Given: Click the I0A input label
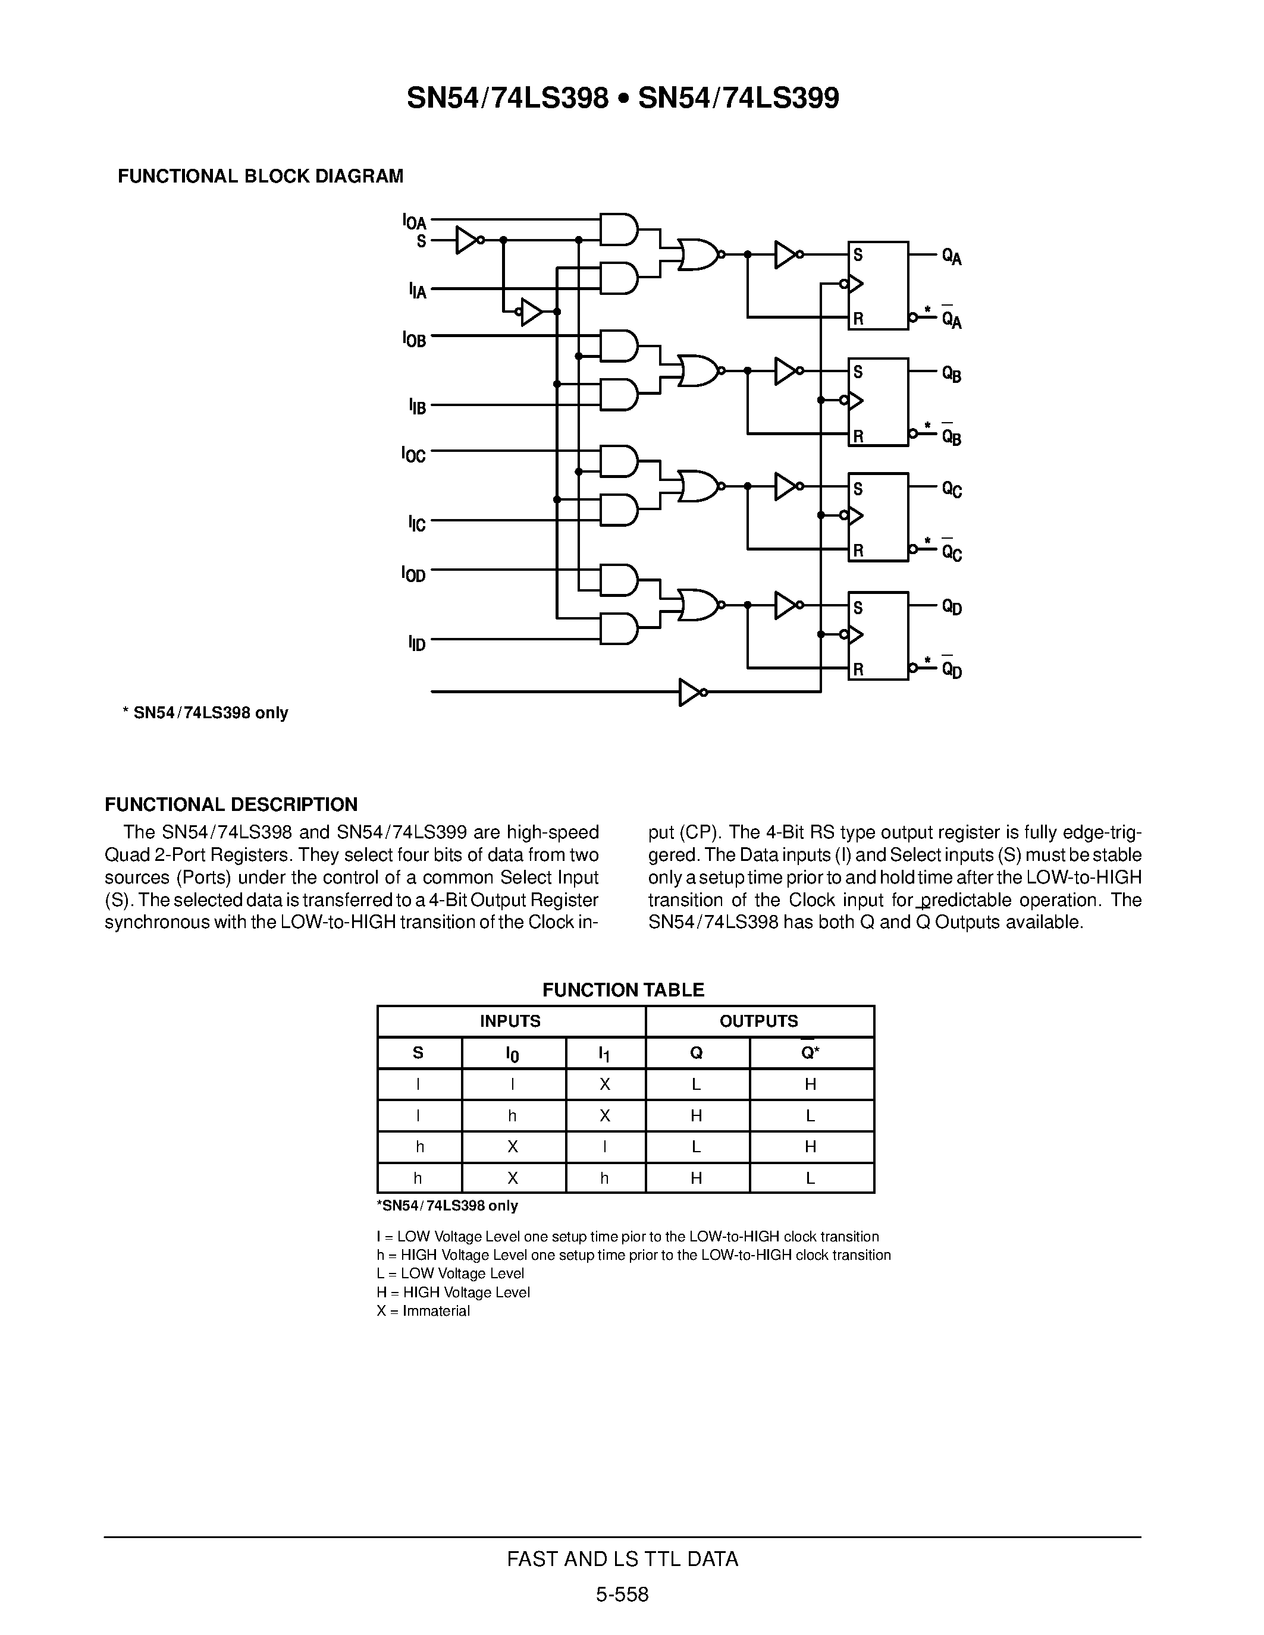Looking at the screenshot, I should tap(414, 222).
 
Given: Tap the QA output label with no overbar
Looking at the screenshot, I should tap(952, 257).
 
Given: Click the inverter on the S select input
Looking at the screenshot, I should tap(468, 240).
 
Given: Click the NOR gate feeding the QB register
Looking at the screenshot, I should tap(698, 370).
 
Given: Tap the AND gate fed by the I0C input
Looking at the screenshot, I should tap(619, 461).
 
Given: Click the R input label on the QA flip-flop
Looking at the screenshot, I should tap(858, 318).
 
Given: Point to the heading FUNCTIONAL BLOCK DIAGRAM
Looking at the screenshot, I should tap(261, 176).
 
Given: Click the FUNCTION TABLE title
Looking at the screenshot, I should tap(623, 990).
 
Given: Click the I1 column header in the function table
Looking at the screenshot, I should tap(604, 1054).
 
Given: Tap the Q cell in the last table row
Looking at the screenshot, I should tap(697, 1178).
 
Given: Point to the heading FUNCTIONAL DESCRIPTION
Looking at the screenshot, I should tap(231, 805).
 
